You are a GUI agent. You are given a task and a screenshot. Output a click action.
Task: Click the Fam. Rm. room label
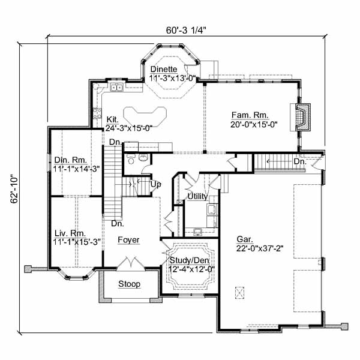click(x=250, y=115)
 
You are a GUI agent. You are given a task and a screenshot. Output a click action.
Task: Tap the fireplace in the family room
click(x=301, y=117)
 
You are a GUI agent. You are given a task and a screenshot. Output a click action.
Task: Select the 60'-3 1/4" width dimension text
click(x=186, y=30)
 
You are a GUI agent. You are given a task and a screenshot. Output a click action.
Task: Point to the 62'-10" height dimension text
click(x=14, y=190)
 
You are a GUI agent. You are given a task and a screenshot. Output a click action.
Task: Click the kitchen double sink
click(x=116, y=87)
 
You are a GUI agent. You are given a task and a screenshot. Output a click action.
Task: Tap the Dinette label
click(x=164, y=69)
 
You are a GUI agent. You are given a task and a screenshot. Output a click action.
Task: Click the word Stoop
click(x=129, y=284)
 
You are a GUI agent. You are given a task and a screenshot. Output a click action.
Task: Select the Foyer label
click(x=128, y=239)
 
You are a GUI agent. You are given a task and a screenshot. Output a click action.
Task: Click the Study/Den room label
click(x=189, y=260)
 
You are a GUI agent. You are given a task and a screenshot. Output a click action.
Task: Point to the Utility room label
click(x=197, y=196)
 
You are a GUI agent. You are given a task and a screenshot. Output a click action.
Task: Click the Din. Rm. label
click(x=70, y=160)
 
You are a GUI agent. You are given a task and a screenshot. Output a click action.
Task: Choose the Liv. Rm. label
click(x=70, y=233)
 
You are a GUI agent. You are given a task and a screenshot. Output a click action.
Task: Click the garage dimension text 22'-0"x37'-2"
click(x=260, y=248)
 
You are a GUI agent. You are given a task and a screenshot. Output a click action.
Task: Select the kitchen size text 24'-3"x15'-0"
click(x=129, y=128)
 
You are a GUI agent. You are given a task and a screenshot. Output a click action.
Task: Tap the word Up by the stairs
click(x=155, y=184)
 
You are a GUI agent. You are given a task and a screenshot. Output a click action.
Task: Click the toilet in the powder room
click(x=131, y=159)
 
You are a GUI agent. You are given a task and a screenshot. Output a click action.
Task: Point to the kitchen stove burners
click(x=97, y=113)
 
